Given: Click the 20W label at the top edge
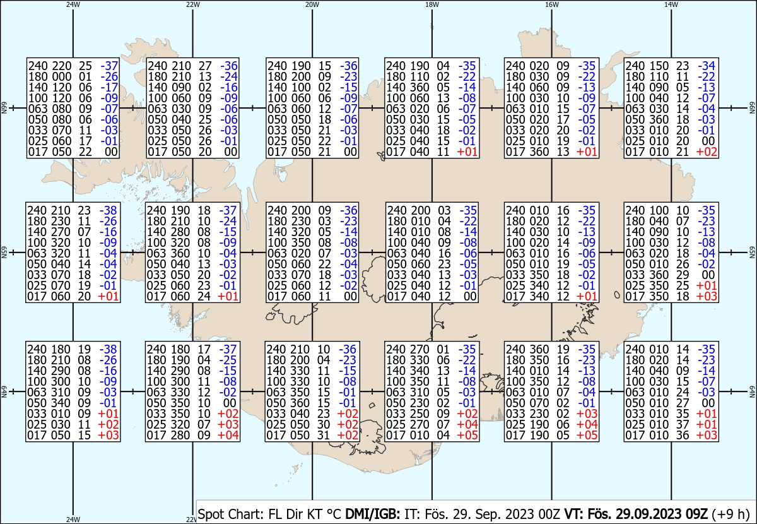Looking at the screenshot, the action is (312, 4).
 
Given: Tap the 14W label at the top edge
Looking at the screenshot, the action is (671, 4).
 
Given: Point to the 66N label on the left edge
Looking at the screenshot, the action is (4, 108).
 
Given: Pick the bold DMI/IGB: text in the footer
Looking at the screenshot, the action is (372, 514).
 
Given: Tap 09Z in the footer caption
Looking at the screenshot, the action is (697, 514).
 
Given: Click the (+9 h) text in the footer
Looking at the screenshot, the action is (731, 514).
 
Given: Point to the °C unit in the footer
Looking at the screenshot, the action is (334, 514).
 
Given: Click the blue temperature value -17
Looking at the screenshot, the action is (109, 87).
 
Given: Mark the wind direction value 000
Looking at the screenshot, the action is (62, 76).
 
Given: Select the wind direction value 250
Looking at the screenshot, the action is (420, 414).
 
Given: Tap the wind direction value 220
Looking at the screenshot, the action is (62, 66).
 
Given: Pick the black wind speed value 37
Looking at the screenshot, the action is (683, 424).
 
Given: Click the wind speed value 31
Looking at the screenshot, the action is (323, 436).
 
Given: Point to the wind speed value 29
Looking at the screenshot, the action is (683, 275).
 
